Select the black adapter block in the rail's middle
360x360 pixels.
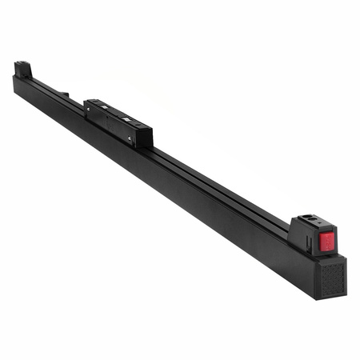[118, 122]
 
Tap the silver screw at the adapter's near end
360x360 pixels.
[130, 139]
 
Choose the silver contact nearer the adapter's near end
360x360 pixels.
[127, 120]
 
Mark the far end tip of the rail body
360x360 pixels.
[15, 81]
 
